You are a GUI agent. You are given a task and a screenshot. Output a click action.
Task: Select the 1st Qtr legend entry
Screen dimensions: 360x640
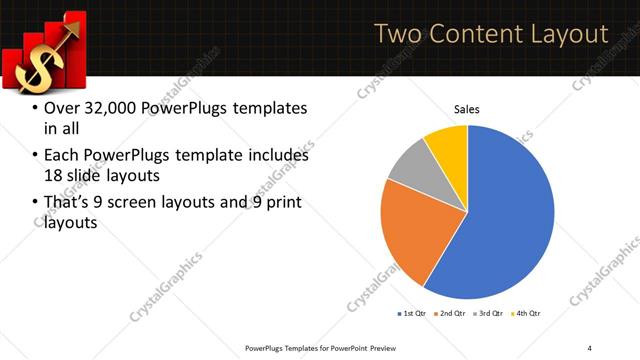(x=413, y=314)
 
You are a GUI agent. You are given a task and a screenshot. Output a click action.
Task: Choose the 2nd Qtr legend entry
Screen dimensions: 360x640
(x=451, y=314)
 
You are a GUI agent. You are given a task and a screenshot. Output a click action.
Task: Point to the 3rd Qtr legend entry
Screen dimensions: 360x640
(x=489, y=314)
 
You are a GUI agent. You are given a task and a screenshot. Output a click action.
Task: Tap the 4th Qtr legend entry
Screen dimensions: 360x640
(x=526, y=314)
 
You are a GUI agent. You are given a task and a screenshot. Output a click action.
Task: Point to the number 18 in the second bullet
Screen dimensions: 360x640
(x=53, y=176)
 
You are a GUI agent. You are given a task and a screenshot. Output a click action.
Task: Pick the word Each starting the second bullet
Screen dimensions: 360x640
(x=62, y=156)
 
